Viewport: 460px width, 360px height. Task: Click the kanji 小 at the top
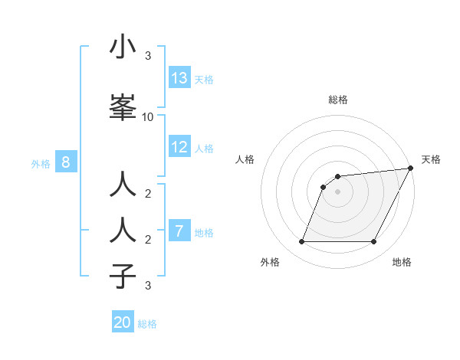point(123,47)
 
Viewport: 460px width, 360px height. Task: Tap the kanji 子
point(123,275)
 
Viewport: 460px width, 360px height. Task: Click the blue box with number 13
point(179,78)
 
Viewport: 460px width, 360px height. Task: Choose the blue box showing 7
point(179,231)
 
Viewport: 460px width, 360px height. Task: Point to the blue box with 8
point(66,162)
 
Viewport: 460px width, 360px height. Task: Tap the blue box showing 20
point(123,322)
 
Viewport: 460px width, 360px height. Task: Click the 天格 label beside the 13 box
point(203,79)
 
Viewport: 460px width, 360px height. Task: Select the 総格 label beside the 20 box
point(147,323)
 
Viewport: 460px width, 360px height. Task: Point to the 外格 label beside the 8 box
point(41,163)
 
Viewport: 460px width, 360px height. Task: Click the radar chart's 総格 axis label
point(337,100)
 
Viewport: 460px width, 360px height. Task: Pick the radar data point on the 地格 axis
point(374,242)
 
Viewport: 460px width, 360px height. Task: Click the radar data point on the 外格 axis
point(301,242)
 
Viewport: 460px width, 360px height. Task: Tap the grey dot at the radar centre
point(337,192)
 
